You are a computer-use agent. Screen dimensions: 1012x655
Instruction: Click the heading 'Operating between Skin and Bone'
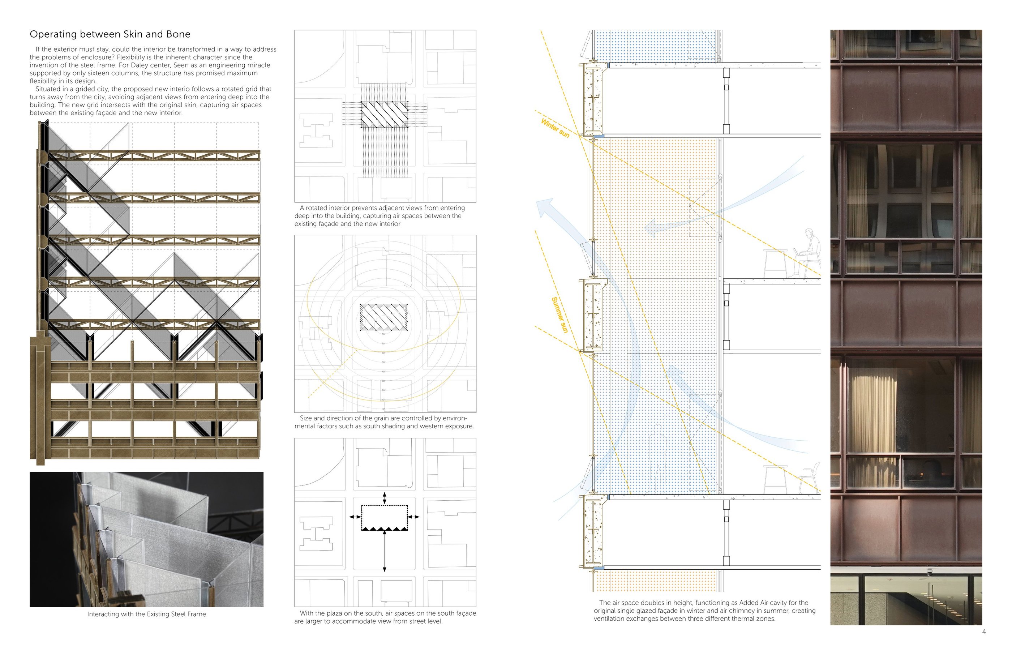(110, 34)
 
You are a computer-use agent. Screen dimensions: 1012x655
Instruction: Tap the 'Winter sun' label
(555, 128)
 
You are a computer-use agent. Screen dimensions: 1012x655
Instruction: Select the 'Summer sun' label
(559, 315)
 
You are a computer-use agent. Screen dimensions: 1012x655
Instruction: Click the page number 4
(983, 632)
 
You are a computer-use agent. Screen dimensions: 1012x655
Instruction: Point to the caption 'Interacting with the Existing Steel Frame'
(146, 614)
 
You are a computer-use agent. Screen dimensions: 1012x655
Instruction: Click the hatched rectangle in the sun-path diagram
(383, 317)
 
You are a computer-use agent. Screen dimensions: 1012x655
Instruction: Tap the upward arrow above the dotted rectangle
(385, 498)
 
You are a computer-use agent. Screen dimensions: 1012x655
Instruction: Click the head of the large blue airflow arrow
(544, 207)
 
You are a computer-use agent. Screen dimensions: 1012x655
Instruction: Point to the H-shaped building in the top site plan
(316, 130)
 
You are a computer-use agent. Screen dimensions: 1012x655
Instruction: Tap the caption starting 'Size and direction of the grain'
(384, 422)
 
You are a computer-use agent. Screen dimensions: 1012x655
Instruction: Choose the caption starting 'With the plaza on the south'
(385, 617)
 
